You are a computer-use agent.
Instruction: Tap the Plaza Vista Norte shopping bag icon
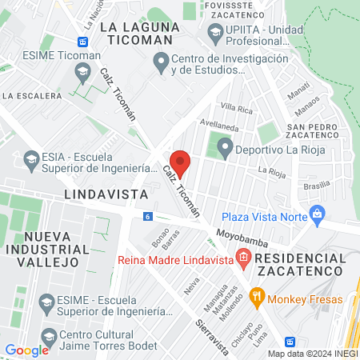pyautogui.click(x=318, y=214)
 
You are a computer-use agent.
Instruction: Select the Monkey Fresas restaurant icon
pyautogui.click(x=257, y=298)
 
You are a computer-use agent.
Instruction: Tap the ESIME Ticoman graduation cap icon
pyautogui.click(x=82, y=72)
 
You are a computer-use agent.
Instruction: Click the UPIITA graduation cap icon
pyautogui.click(x=215, y=31)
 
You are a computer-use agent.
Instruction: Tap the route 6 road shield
pyautogui.click(x=148, y=216)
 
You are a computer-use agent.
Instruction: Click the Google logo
pyautogui.click(x=26, y=350)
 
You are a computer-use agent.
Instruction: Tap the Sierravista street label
pyautogui.click(x=212, y=324)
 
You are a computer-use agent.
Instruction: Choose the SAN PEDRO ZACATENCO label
pyautogui.click(x=314, y=131)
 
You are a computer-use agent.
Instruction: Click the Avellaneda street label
pyautogui.click(x=220, y=124)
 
